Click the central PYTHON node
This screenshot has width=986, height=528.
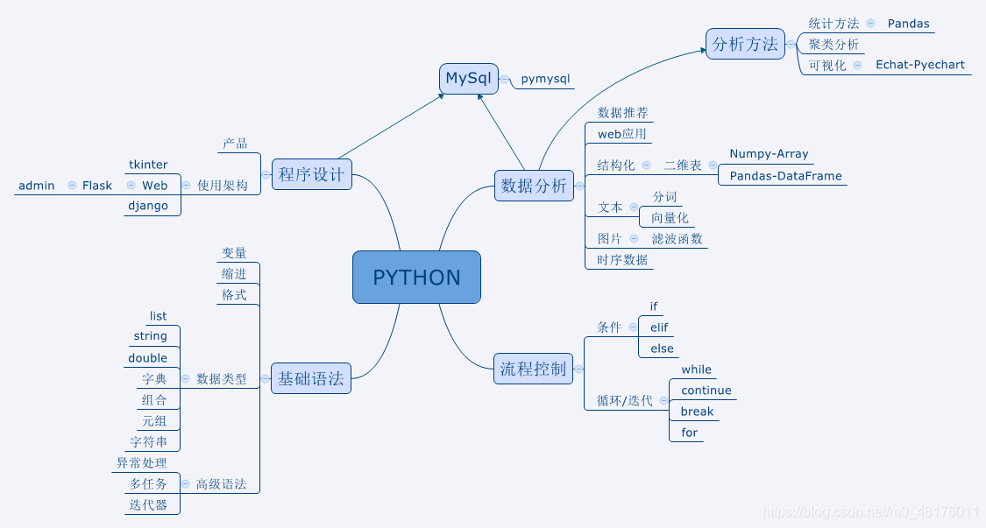coord(416,278)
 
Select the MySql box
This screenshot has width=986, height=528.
coord(469,79)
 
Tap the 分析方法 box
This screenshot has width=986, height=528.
coord(745,44)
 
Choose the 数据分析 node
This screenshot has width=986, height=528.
coord(534,186)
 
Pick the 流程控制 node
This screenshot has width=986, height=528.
coord(533,369)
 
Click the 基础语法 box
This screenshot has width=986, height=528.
coord(311,379)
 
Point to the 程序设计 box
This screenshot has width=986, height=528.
coord(312,174)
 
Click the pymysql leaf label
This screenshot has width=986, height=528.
coord(545,79)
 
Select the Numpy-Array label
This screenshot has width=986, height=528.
coord(769,154)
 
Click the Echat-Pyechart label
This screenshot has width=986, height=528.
coord(919,65)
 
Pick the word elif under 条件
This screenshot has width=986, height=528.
coord(659,327)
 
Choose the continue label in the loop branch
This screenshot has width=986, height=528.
coord(706,391)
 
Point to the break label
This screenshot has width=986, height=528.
coord(697,412)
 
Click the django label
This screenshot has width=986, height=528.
coord(148,207)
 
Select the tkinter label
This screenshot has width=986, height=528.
coord(148,165)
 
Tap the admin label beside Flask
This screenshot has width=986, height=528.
coord(36,186)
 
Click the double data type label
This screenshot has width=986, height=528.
coord(147,358)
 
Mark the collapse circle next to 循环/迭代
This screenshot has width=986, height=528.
coord(663,401)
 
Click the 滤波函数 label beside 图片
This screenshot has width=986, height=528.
coord(677,239)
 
